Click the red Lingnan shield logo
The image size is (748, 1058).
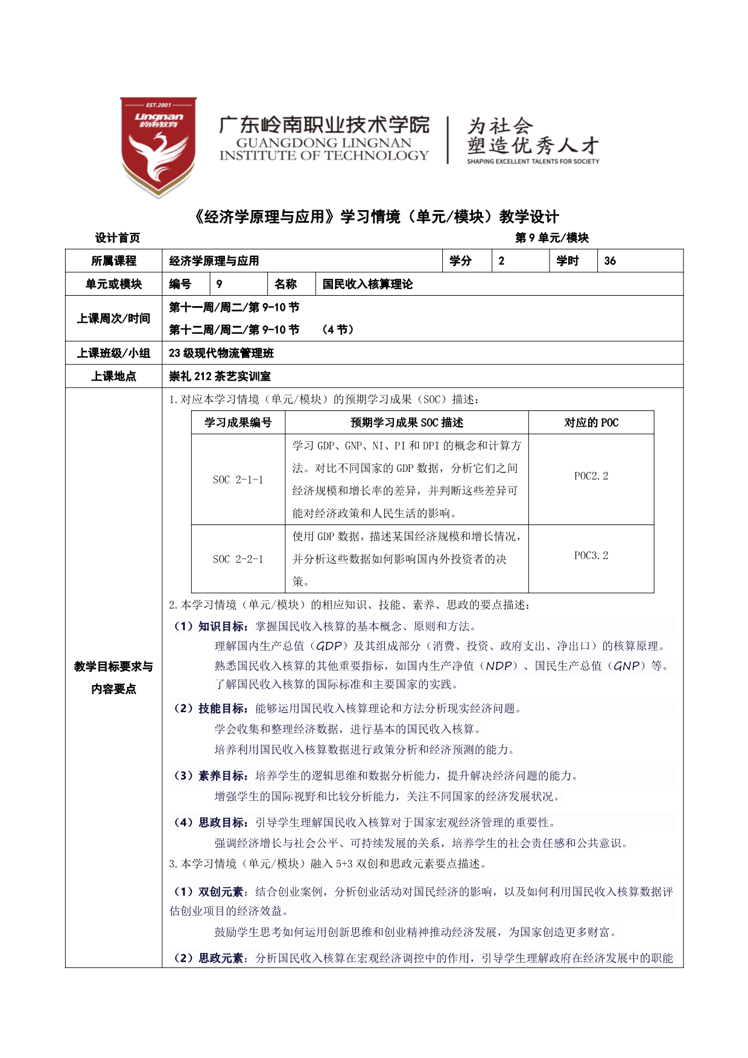[158, 147]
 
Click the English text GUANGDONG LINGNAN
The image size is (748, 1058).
[323, 143]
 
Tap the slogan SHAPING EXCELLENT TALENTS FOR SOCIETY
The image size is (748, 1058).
[533, 162]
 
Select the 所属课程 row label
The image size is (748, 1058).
[113, 261]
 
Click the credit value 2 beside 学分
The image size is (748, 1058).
[501, 261]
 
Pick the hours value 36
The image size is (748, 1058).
[610, 261]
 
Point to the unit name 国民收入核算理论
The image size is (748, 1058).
[367, 284]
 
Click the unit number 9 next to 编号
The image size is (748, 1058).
[219, 284]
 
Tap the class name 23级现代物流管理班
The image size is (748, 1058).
[221, 353]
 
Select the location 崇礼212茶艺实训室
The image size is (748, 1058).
[220, 377]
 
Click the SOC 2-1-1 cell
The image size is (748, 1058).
[238, 480]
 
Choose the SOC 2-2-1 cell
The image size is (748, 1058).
[238, 559]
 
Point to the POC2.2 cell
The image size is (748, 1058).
[591, 476]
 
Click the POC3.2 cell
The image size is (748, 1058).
[591, 556]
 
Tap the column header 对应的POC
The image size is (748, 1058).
[591, 422]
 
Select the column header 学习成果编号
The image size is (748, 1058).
[238, 422]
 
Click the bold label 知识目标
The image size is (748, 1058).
[221, 626]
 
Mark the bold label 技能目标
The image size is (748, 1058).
[221, 709]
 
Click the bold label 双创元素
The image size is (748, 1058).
[221, 892]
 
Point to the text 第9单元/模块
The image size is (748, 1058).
[551, 238]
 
